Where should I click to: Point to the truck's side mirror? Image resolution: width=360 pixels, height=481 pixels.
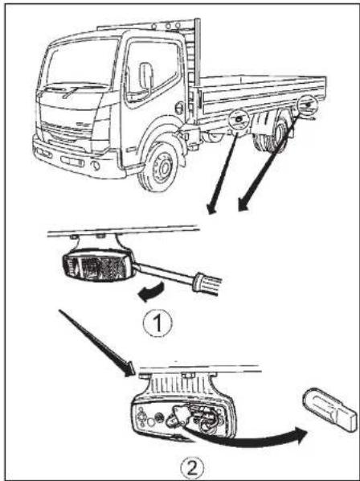pyautogui.click(x=146, y=76)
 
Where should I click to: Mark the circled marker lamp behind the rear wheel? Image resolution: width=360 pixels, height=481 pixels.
pyautogui.click(x=307, y=104)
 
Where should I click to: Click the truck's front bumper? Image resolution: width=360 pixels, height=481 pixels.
pyautogui.click(x=68, y=157)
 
